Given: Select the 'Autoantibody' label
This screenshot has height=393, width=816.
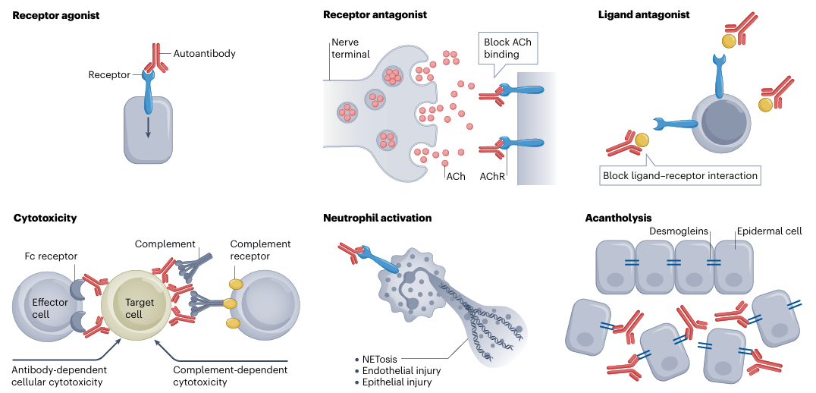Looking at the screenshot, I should click(x=205, y=54).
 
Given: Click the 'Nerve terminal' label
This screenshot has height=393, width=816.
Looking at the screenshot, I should click(x=350, y=48).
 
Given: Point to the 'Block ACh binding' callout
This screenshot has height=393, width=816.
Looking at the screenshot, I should click(x=507, y=48).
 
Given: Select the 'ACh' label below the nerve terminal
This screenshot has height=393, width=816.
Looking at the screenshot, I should click(x=456, y=175).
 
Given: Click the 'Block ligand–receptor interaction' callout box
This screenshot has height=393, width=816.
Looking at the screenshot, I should click(x=680, y=176).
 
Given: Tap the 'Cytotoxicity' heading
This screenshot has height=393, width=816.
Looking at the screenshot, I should click(x=45, y=218).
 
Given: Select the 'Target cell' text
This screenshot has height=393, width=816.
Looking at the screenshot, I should click(x=140, y=309).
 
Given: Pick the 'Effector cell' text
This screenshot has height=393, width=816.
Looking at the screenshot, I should click(x=50, y=309).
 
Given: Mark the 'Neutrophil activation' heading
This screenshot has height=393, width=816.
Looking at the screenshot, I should click(x=377, y=218).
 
